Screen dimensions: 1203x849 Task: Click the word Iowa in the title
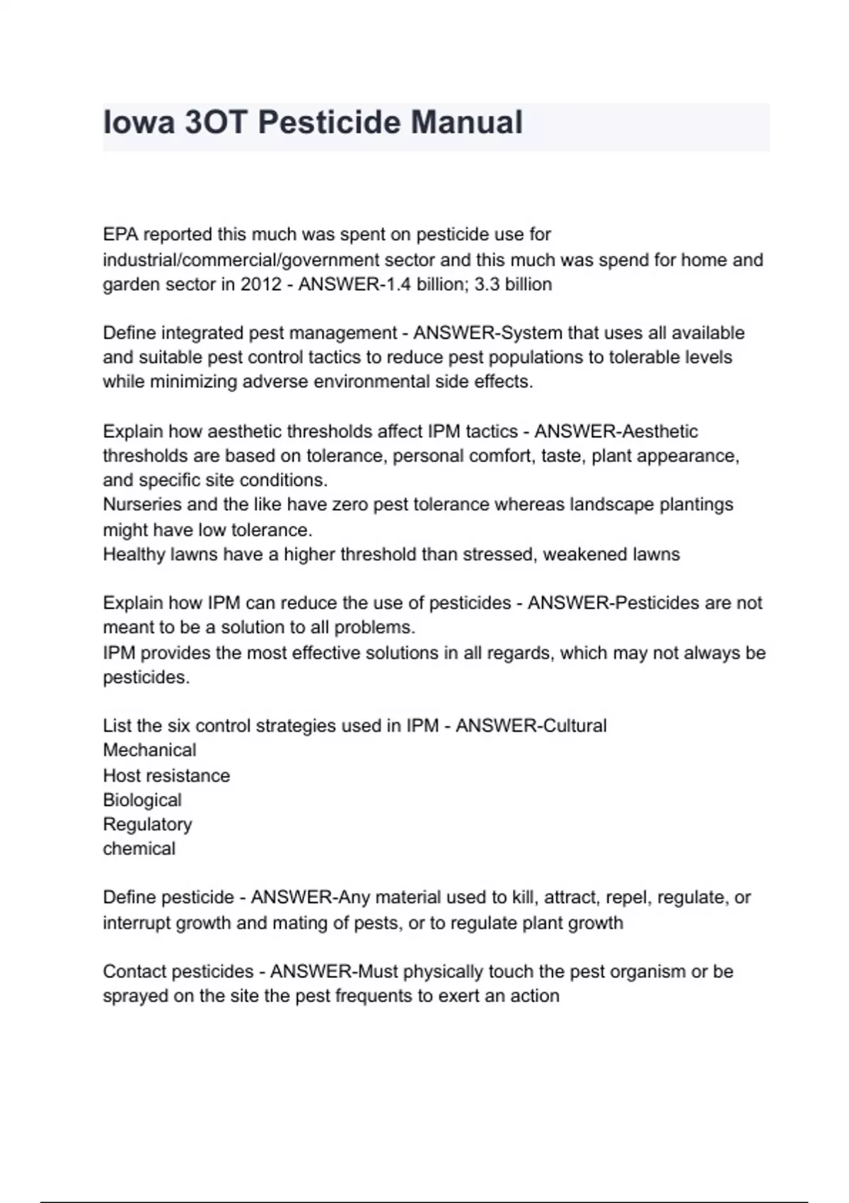coord(139,122)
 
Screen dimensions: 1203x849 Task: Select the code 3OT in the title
coord(216,122)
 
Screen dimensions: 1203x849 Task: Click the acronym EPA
coord(120,234)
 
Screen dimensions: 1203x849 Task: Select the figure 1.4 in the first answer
coord(396,284)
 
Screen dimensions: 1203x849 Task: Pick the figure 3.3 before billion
coord(487,284)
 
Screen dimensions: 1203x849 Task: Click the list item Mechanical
coord(149,750)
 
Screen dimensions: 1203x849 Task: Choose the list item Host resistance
coord(166,776)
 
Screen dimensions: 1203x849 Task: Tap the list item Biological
coord(142,800)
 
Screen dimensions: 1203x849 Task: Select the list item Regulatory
coord(147,824)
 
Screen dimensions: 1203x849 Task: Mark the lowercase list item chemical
coord(139,849)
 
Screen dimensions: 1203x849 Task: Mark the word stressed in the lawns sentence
coord(499,554)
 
